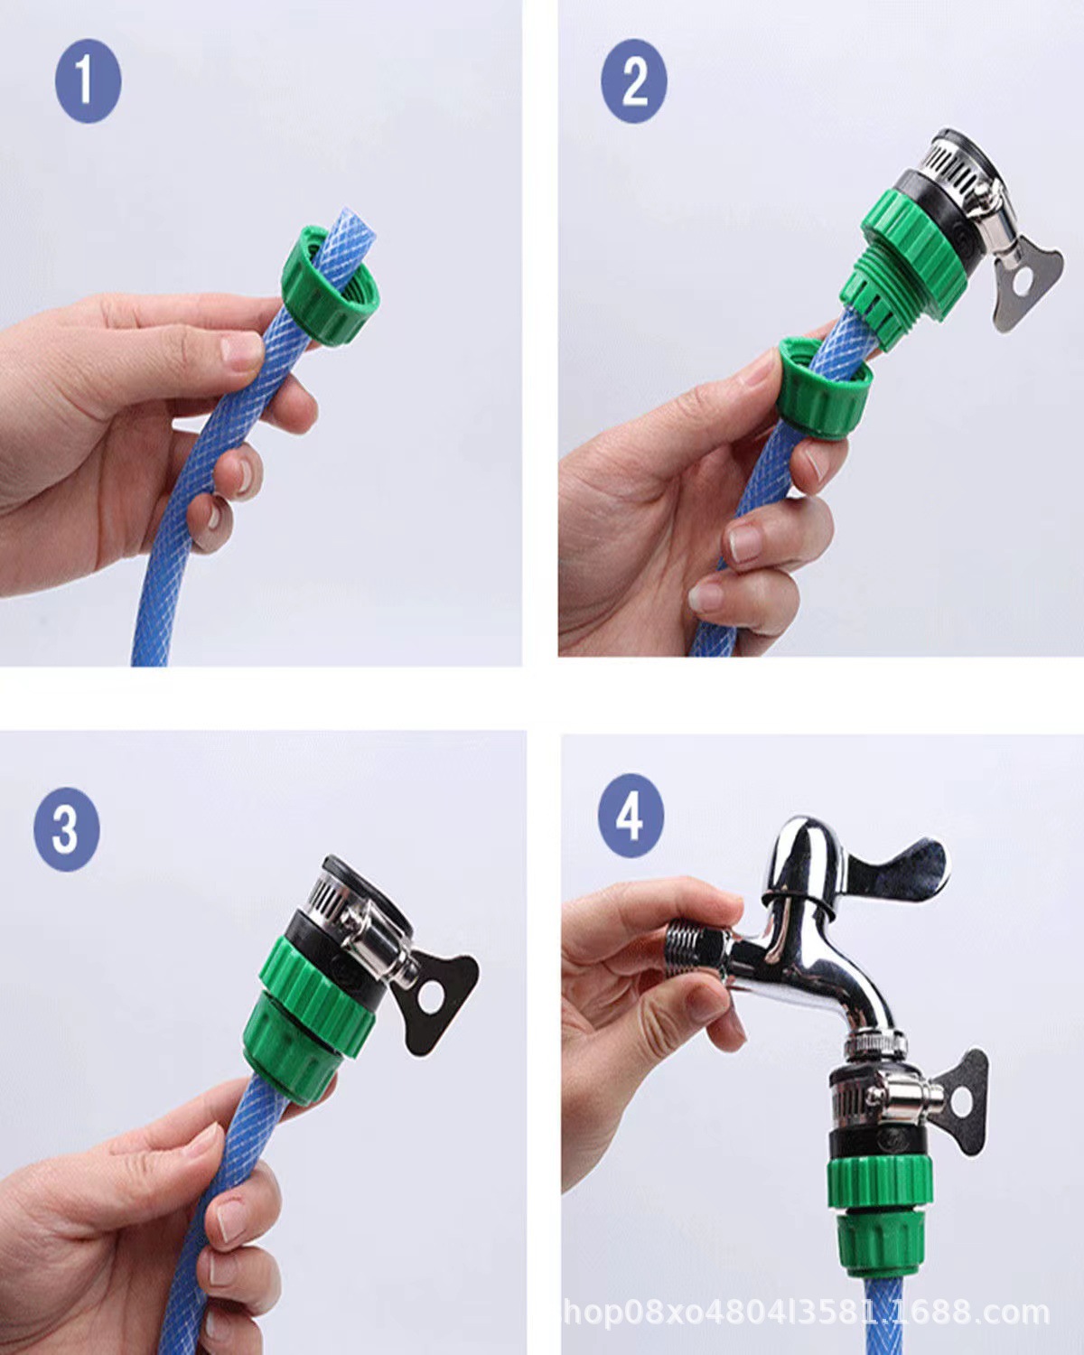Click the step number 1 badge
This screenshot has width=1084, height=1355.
coord(89,80)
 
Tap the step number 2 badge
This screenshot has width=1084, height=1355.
coord(633,80)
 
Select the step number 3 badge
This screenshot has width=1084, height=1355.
coord(67,828)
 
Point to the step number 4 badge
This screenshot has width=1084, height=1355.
coord(631,815)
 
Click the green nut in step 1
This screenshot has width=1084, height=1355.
coord(326,287)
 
